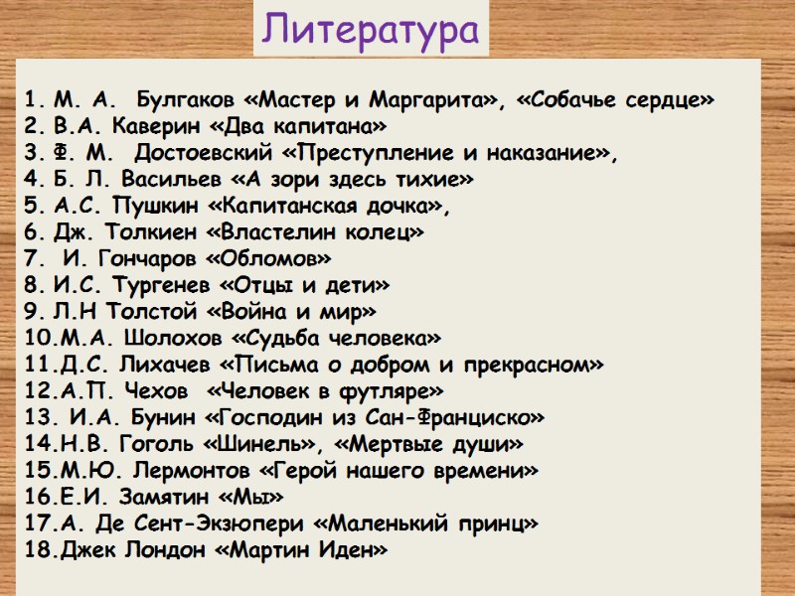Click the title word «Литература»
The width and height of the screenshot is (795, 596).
point(372,32)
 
